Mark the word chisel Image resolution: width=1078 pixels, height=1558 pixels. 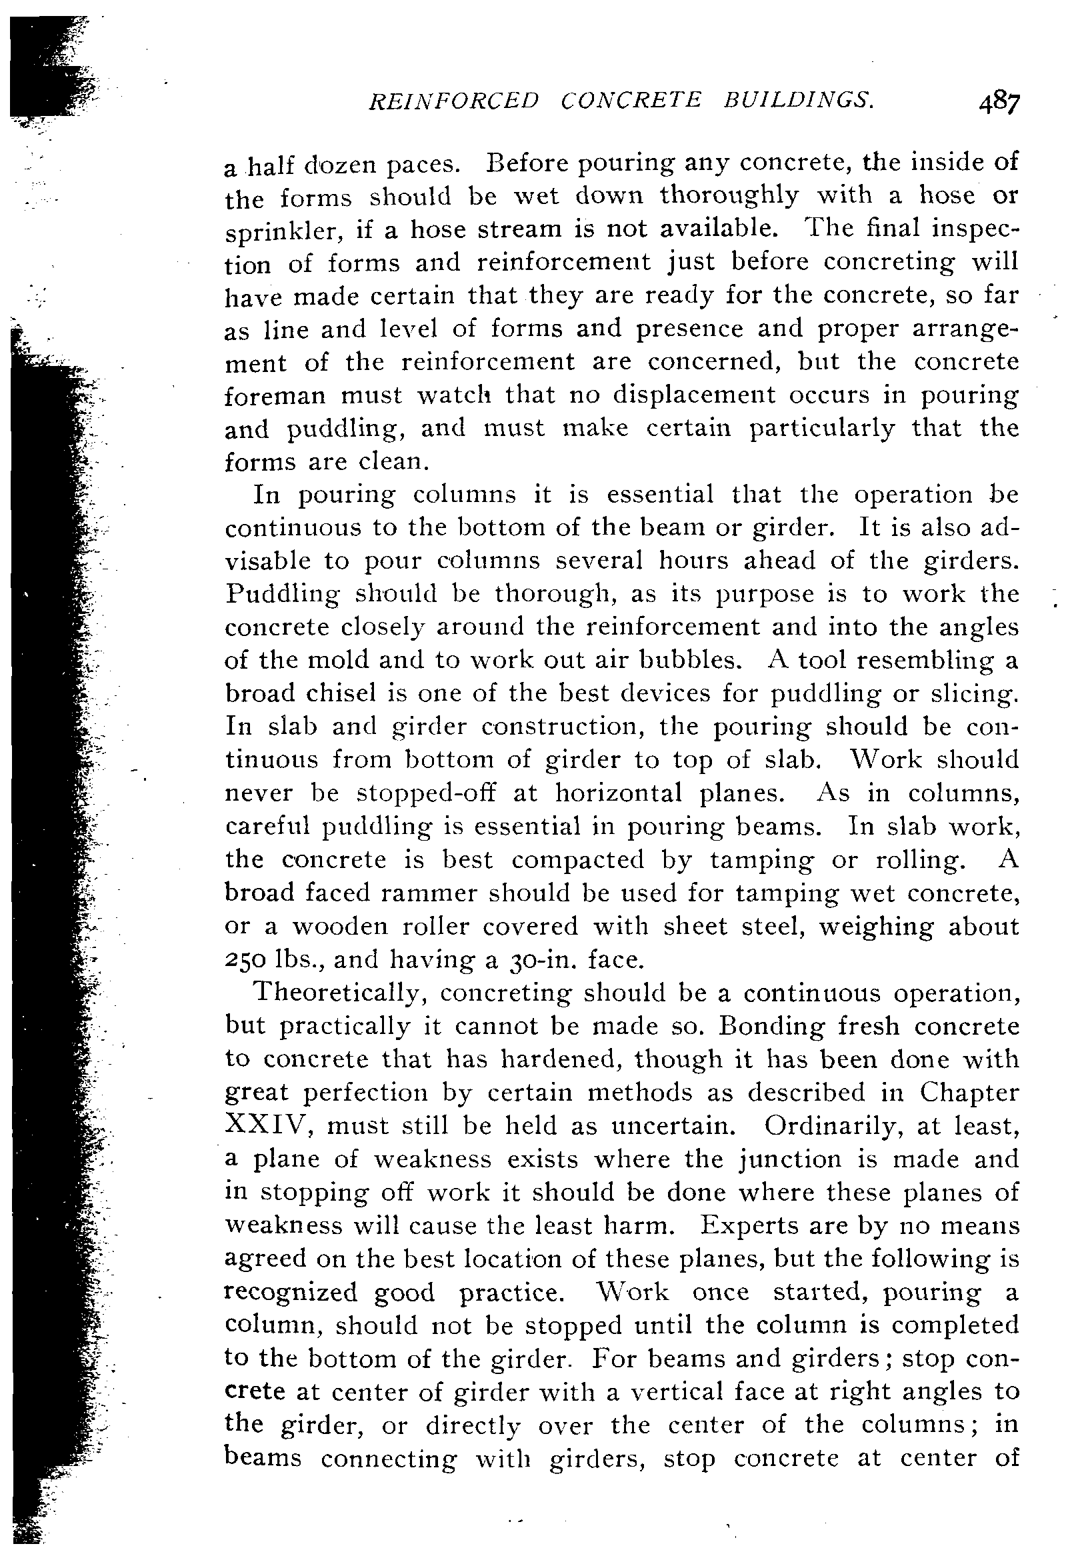(x=340, y=694)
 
